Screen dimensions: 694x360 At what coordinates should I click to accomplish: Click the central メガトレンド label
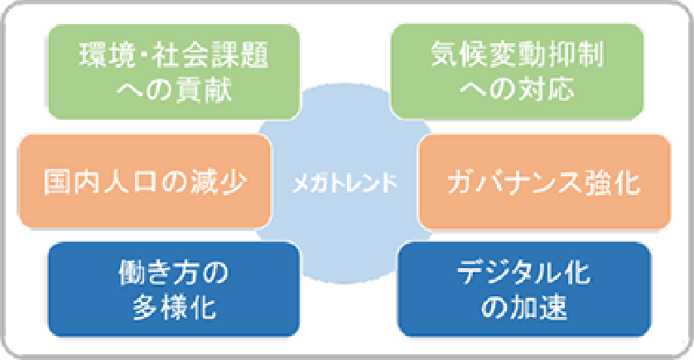[x=345, y=183]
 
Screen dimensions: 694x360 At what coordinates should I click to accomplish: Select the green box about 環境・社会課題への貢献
[x=174, y=72]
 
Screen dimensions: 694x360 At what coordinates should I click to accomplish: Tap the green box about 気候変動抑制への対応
[x=517, y=72]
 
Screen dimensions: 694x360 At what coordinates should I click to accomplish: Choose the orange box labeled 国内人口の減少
[x=145, y=181]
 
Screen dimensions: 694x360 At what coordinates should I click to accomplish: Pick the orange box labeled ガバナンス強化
[x=544, y=182]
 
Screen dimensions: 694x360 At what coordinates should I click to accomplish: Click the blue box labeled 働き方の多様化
[x=174, y=289]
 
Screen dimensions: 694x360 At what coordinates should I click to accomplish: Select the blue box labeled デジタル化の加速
[x=524, y=289]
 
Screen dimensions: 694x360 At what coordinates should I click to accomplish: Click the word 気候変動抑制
[x=518, y=55]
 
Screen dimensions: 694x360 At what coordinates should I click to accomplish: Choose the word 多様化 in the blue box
[x=175, y=307]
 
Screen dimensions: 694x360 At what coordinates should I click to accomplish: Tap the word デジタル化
[x=524, y=272]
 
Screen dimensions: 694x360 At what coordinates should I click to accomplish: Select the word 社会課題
[x=210, y=55]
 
